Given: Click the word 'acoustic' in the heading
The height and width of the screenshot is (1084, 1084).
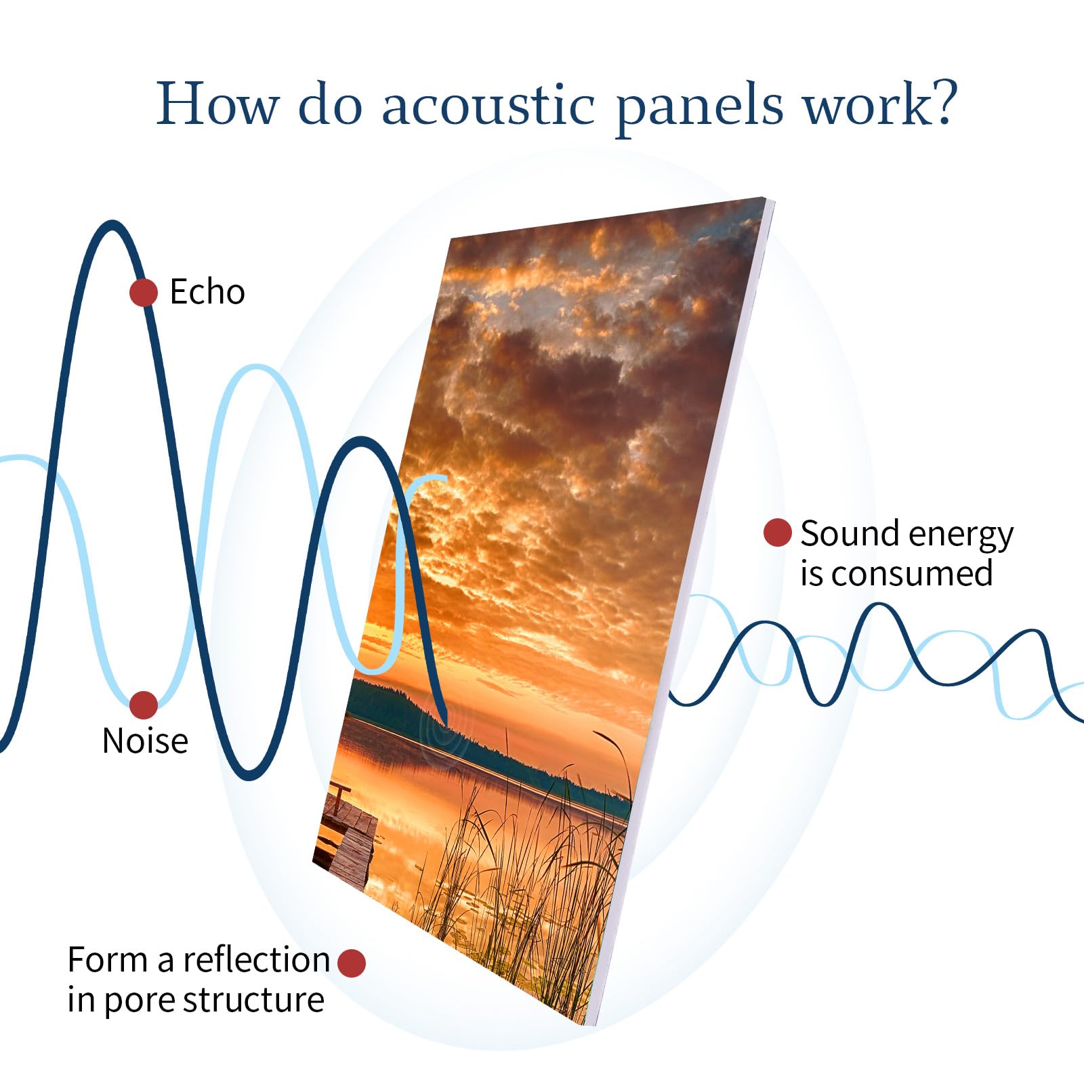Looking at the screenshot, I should click(488, 105).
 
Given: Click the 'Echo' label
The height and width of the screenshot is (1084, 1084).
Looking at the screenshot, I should click(207, 292).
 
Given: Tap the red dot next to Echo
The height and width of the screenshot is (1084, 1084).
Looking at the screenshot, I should click(144, 293).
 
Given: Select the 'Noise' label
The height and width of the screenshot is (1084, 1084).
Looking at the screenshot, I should click(145, 741).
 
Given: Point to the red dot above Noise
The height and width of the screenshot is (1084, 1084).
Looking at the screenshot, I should click(144, 705).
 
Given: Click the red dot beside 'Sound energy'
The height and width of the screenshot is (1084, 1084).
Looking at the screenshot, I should click(777, 533).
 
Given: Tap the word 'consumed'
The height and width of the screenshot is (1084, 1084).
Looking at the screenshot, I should click(911, 573).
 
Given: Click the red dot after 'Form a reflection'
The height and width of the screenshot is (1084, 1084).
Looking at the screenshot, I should click(351, 963).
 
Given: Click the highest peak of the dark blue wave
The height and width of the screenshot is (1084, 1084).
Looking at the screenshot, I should click(112, 224).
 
